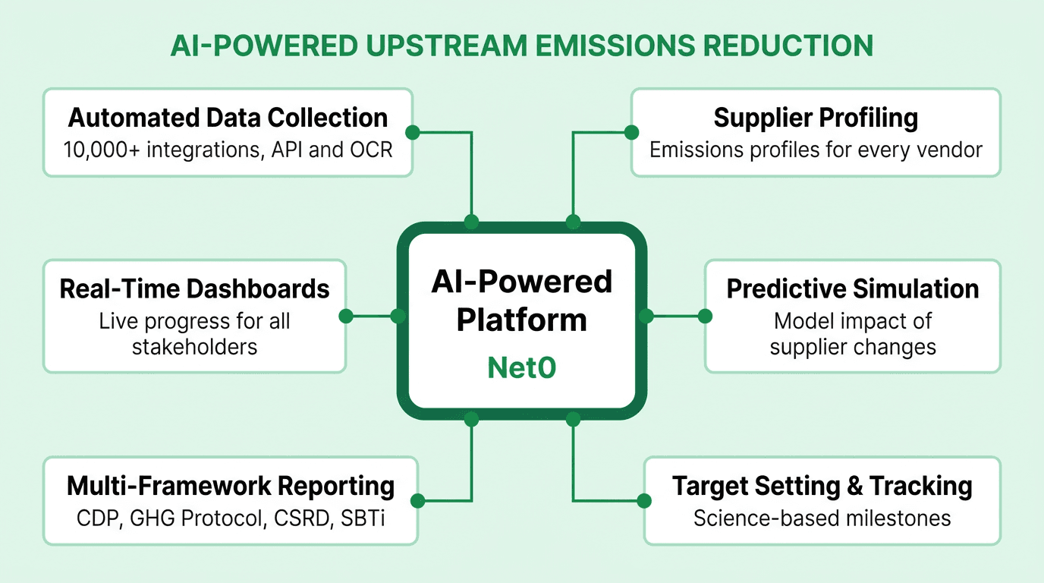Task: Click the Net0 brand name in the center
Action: point(521,368)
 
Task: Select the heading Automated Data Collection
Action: point(228,118)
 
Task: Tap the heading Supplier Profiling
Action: point(816,118)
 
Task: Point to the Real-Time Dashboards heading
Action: point(194,289)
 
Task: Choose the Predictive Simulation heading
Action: point(853,289)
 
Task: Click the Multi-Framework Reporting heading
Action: point(231,486)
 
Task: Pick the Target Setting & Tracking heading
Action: point(822,486)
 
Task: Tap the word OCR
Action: point(372,149)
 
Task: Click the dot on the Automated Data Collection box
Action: point(412,132)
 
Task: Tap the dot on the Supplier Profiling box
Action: point(631,132)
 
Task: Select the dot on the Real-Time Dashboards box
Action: point(346,316)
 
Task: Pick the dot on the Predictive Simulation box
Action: point(705,316)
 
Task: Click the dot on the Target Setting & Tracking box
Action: point(644,500)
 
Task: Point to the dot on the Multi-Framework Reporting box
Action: point(417,500)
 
